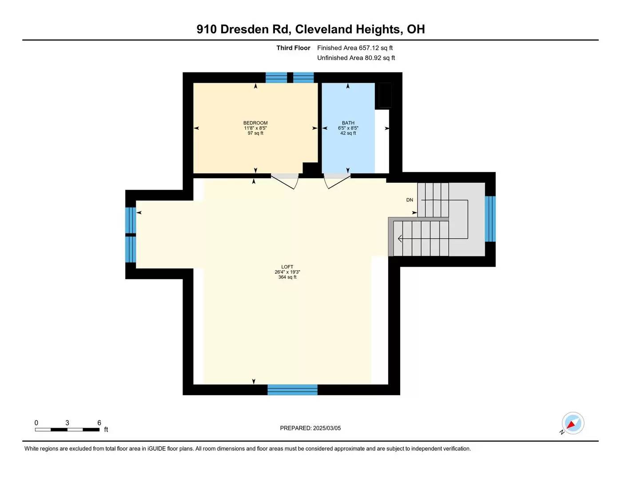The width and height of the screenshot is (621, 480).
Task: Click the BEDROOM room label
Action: [255, 123]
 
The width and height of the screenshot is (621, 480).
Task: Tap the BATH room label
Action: [348, 123]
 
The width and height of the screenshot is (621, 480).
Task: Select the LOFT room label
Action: [287, 267]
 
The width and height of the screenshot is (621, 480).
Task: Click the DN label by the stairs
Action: [410, 200]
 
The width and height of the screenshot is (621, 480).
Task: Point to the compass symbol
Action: [573, 424]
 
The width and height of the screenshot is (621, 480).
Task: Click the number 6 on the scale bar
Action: [99, 423]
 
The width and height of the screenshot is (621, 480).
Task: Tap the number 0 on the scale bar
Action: [36, 423]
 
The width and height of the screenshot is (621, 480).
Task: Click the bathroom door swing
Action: [337, 182]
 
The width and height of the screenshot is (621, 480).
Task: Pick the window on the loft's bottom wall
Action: [292, 390]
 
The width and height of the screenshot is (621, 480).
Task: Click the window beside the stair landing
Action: [490, 219]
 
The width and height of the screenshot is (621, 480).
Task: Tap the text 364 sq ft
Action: [287, 277]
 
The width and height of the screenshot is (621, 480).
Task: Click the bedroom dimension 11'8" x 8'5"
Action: [255, 128]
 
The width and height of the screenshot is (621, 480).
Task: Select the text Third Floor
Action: [293, 48]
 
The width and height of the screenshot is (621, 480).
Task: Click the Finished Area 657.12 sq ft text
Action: [355, 48]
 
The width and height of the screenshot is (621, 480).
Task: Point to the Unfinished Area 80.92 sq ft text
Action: [356, 58]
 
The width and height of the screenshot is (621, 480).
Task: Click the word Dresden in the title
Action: [244, 29]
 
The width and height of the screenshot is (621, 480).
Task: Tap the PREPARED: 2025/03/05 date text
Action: [310, 428]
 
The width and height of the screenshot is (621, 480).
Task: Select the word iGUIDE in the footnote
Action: [157, 449]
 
